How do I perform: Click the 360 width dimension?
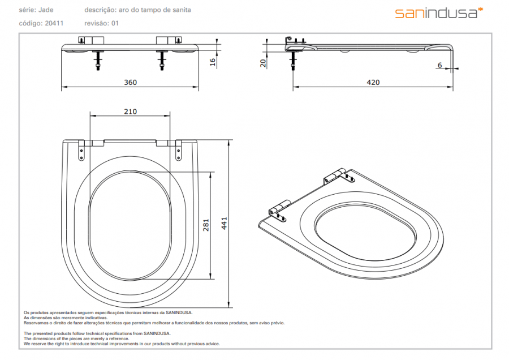(131, 82)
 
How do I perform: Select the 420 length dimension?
(373, 82)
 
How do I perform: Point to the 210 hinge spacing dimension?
(130, 112)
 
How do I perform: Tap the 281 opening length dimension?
(206, 225)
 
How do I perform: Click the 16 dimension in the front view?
(213, 62)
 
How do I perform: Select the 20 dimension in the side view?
(262, 63)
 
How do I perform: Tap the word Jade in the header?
(46, 10)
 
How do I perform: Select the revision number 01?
(115, 23)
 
